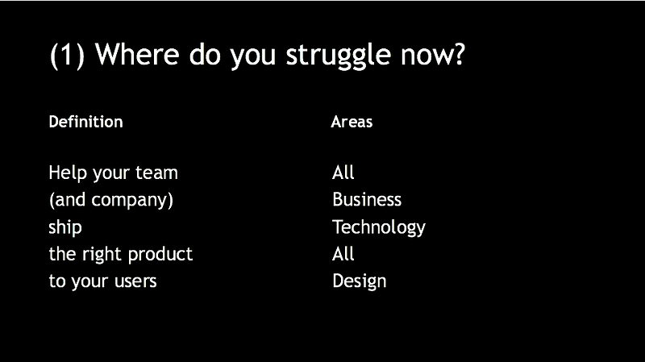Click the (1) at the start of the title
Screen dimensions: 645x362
67,56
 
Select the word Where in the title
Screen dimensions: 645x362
137,54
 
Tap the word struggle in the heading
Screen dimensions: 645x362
338,56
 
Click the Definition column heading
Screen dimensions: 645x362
85,122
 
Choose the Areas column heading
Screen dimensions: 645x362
352,122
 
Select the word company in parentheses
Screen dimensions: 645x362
129,201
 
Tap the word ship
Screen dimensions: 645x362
65,227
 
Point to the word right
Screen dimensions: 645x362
102,255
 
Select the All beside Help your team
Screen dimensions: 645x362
343,173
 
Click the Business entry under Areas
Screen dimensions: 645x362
367,199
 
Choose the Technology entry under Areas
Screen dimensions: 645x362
379,227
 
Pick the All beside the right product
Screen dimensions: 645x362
343,254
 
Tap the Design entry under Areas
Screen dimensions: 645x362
359,282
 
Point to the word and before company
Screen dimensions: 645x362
70,200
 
